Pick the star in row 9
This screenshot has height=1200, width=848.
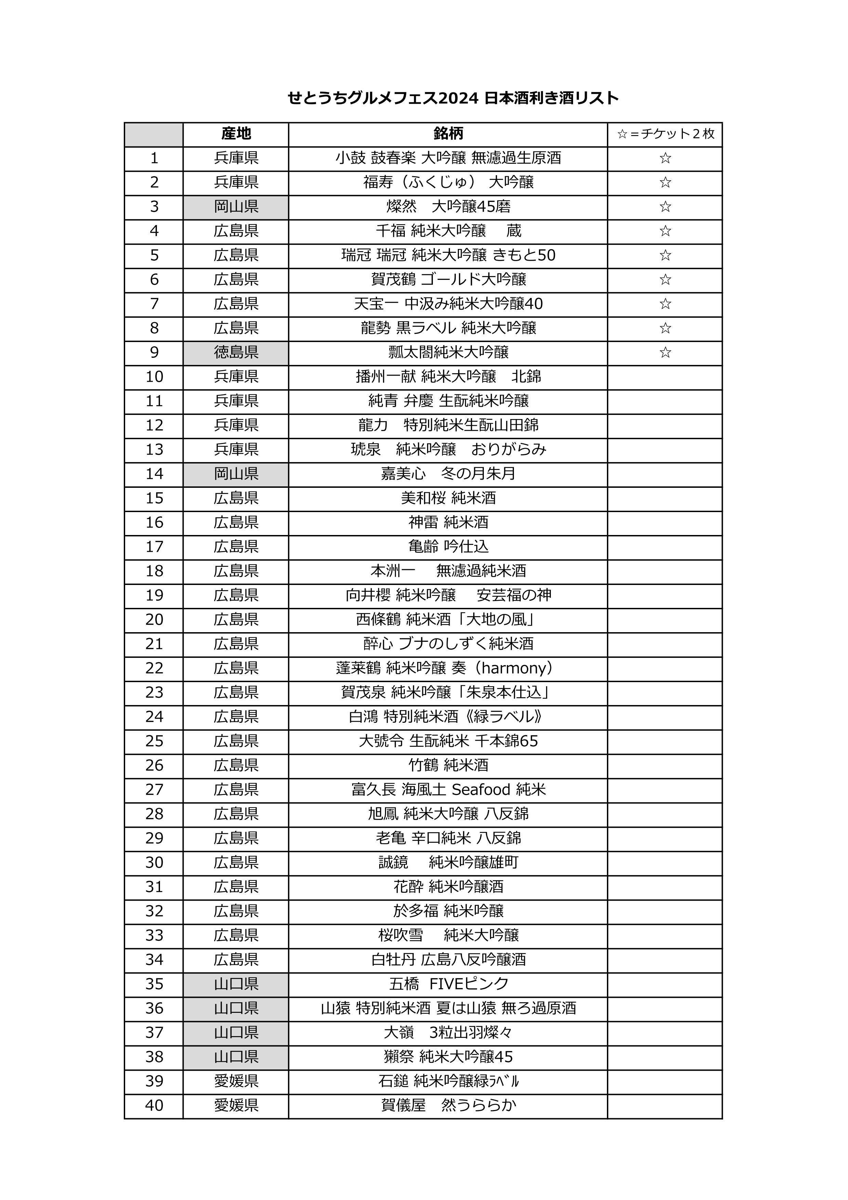pos(665,352)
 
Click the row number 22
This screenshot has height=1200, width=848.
pos(154,668)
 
